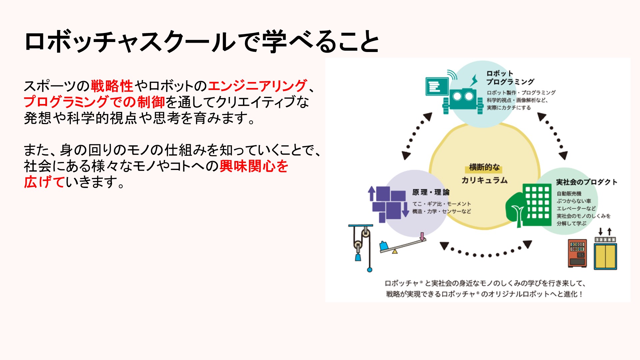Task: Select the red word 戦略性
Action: click(112, 86)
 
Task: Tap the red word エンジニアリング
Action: click(257, 86)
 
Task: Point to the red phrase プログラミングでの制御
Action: click(94, 102)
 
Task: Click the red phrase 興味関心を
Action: click(254, 166)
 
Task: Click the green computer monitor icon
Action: click(437, 87)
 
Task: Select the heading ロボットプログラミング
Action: click(510, 78)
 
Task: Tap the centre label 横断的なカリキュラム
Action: click(484, 174)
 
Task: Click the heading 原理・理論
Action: click(431, 192)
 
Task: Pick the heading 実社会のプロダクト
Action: click(587, 182)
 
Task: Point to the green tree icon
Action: click(516, 210)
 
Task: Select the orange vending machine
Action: click(577, 253)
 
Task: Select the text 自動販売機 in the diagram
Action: click(569, 194)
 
